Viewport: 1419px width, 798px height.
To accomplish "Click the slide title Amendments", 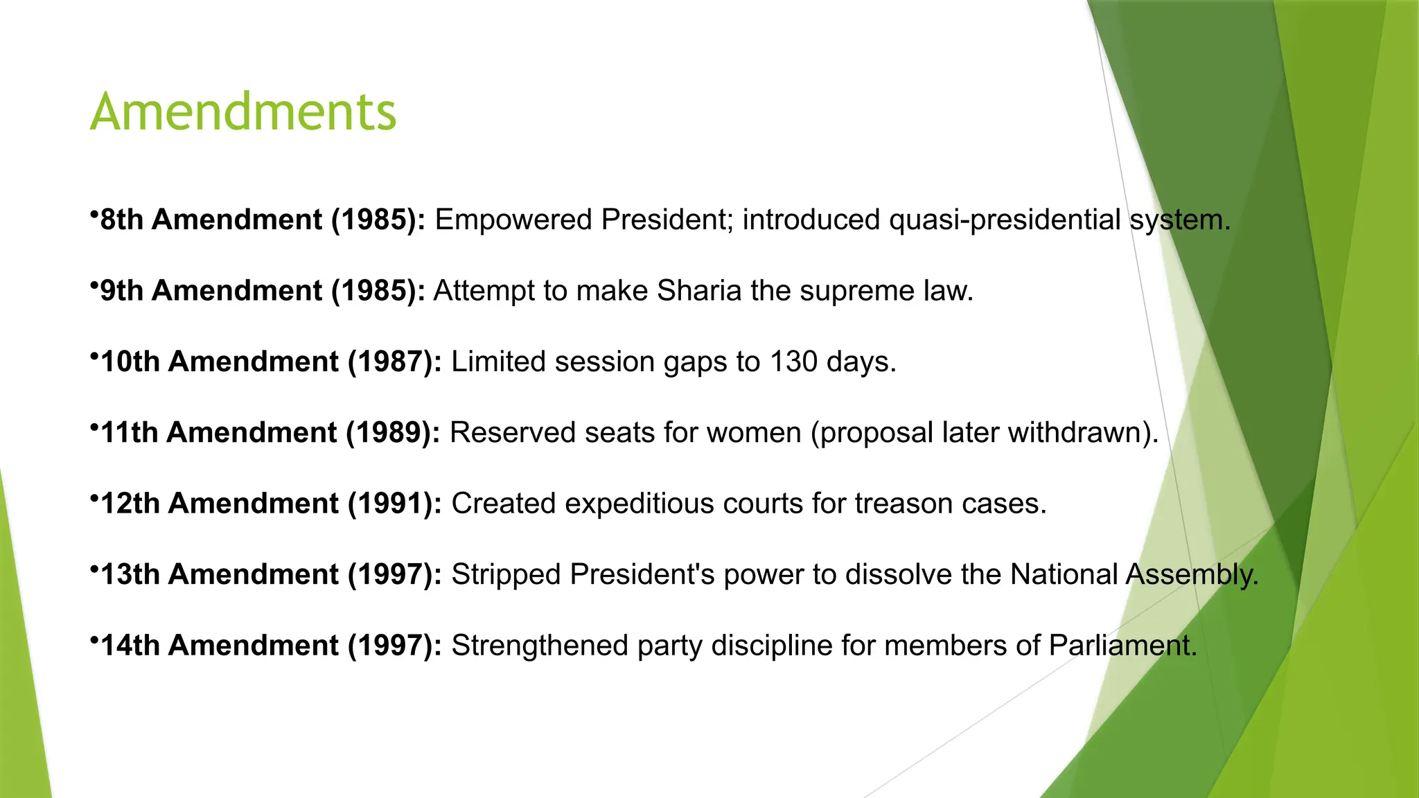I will [243, 112].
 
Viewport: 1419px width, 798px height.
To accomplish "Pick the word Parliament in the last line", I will [1122, 646].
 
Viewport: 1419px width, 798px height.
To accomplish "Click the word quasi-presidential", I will [1005, 220].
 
